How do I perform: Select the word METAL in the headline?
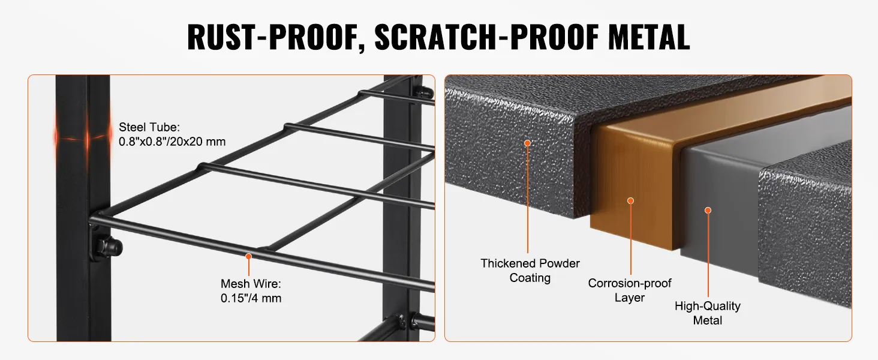tap(649, 37)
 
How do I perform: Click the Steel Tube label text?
tap(149, 127)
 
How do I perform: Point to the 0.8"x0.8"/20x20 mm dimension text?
tap(172, 142)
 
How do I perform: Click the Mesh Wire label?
tap(251, 284)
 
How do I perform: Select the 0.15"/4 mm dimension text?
tap(251, 298)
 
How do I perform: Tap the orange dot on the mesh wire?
tap(248, 256)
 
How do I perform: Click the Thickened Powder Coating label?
tap(530, 271)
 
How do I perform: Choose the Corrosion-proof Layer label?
tap(630, 290)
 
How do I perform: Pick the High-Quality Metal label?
tap(708, 313)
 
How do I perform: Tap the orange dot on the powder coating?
tap(528, 143)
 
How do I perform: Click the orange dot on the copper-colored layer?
tap(631, 201)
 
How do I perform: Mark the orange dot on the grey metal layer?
tap(708, 211)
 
